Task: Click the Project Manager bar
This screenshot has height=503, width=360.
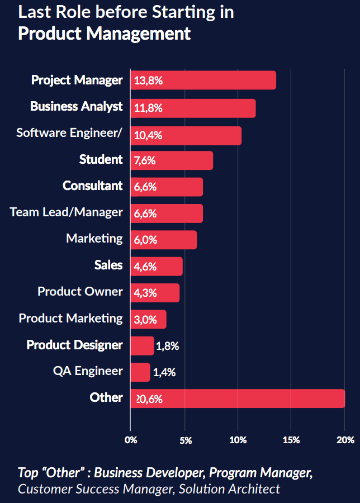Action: point(203,80)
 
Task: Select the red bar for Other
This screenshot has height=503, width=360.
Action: point(238,398)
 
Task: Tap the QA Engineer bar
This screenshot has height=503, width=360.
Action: point(140,372)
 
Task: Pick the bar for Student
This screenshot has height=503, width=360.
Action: point(172,161)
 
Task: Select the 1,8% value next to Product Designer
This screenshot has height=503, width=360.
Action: point(167,346)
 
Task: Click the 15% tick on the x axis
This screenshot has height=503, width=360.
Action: point(291,440)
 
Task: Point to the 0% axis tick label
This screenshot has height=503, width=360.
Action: point(130,440)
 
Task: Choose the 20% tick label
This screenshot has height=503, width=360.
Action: point(344,440)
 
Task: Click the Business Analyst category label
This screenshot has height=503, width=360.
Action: point(76,106)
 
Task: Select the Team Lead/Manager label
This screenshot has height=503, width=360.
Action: point(66,212)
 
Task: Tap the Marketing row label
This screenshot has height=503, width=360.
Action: point(94,238)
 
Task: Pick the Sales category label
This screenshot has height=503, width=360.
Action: point(108,264)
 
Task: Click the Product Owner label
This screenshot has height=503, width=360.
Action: point(80,291)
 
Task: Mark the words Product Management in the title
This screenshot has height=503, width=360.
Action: point(104,33)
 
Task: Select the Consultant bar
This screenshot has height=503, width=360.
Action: point(167,187)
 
